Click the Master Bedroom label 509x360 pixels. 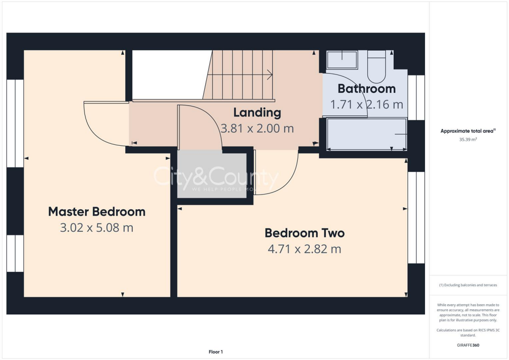(x=96, y=211)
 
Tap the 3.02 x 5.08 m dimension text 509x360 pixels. (x=96, y=228)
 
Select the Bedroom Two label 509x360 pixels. (x=304, y=233)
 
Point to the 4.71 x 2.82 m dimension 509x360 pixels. (x=304, y=249)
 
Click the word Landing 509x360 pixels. (x=257, y=112)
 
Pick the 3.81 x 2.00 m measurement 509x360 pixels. (x=257, y=128)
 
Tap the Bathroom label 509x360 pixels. (x=366, y=89)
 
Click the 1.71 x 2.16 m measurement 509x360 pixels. (x=366, y=104)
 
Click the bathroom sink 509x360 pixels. (x=341, y=60)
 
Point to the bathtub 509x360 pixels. (x=366, y=134)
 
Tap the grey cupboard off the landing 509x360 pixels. (x=212, y=176)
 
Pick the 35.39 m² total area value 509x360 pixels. (x=467, y=140)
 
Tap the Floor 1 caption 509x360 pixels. (x=215, y=352)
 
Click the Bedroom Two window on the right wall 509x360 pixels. (x=416, y=217)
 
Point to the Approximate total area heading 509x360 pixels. (x=467, y=131)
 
